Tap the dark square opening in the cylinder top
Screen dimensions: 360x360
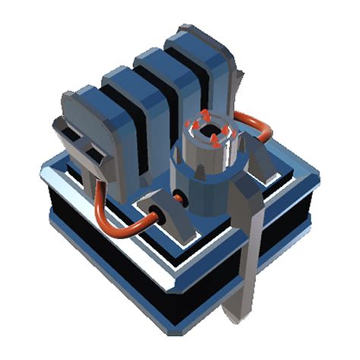tap(207, 129)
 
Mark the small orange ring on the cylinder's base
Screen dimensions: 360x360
tap(180, 199)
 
